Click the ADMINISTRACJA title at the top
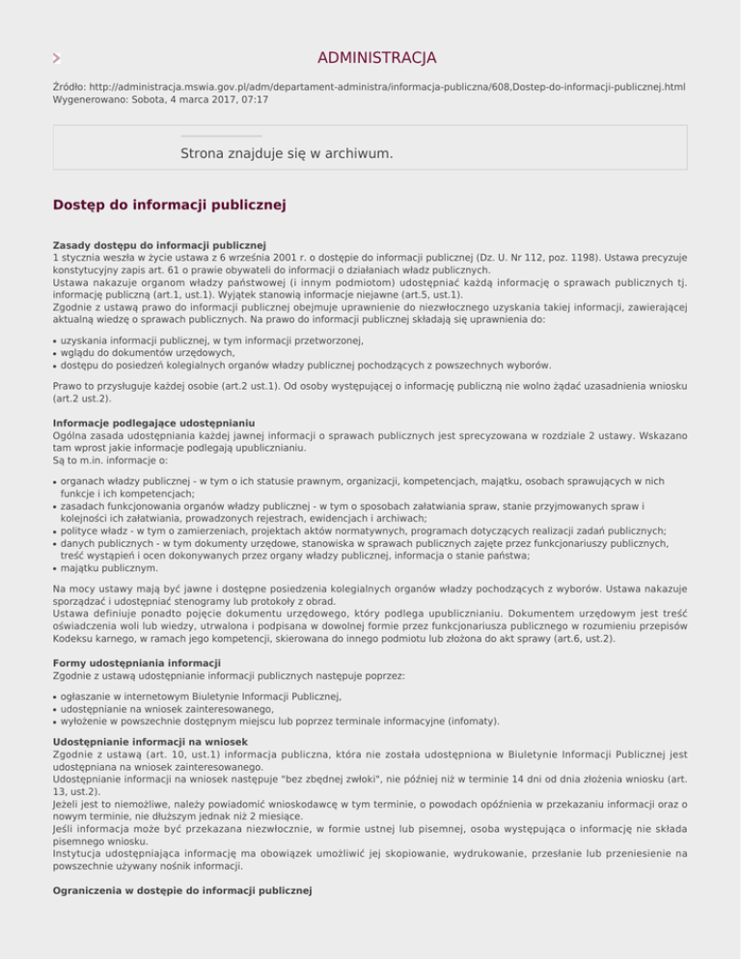pyautogui.click(x=376, y=58)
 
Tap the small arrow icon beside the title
pyautogui.click(x=56, y=58)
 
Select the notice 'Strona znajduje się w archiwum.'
pyautogui.click(x=287, y=153)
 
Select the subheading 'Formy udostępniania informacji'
pyautogui.click(x=137, y=663)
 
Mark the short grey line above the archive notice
pyautogui.click(x=221, y=136)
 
